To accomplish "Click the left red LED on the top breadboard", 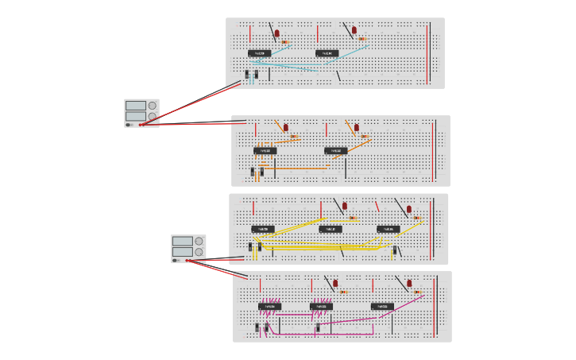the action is [276, 33].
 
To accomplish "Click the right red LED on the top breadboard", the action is [354, 30].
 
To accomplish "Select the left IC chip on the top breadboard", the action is [259, 53].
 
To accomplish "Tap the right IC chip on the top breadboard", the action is [327, 53].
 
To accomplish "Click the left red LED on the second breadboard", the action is [286, 127].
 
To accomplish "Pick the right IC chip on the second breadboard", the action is [335, 150].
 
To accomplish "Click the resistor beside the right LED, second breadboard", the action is [365, 136].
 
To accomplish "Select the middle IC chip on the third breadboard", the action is [331, 229].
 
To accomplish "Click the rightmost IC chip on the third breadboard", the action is [388, 229].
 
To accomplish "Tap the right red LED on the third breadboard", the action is [409, 209].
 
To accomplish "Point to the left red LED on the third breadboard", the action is [345, 206].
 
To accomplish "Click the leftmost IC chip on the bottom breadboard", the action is [269, 306].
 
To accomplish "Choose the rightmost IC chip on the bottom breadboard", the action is [381, 306].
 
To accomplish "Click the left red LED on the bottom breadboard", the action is [335, 283].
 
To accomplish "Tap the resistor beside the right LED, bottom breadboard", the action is [417, 292].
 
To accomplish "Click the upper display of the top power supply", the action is [135, 105].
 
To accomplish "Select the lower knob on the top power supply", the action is [153, 116].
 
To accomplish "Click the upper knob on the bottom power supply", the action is [199, 241].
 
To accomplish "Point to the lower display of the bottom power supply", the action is [182, 252].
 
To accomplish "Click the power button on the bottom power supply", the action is [176, 260].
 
